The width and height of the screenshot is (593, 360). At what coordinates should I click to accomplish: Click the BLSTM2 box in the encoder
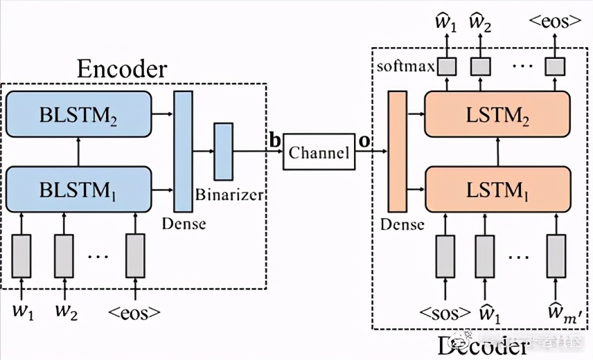click(x=78, y=114)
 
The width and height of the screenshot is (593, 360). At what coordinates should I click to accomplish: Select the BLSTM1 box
click(x=78, y=189)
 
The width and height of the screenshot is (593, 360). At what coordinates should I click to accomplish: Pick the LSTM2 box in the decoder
click(x=496, y=114)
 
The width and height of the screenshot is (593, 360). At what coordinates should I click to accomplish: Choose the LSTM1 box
click(x=496, y=189)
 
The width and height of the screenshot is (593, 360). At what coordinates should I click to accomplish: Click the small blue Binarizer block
click(x=223, y=151)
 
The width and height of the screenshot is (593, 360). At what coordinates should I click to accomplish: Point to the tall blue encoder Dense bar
click(x=182, y=151)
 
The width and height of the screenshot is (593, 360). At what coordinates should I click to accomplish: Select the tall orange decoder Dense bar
click(x=398, y=151)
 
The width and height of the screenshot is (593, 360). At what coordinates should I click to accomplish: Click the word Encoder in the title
click(x=121, y=69)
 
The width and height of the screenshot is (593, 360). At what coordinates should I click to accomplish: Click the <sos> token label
click(x=445, y=312)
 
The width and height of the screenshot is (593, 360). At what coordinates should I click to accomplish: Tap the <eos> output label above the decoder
click(x=553, y=21)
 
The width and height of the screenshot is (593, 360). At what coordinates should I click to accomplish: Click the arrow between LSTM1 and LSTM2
click(x=497, y=152)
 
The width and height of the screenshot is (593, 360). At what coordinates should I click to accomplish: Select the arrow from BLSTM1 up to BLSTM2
click(x=78, y=152)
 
